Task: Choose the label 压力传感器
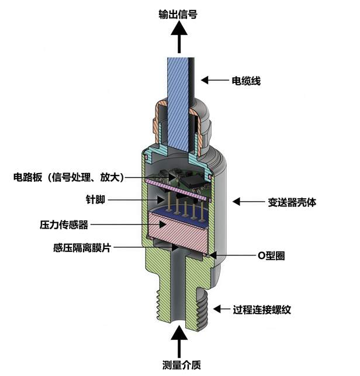coord(64,225)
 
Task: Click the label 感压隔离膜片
coord(81,248)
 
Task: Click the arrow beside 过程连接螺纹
coord(224,309)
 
